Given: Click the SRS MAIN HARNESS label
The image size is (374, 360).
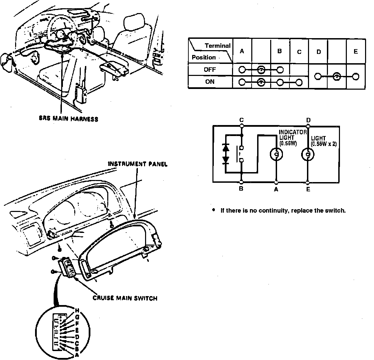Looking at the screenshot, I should pyautogui.click(x=68, y=119).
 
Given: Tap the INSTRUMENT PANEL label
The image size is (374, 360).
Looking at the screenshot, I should pyautogui.click(x=137, y=164).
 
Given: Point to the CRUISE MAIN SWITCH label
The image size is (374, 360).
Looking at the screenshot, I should pyautogui.click(x=125, y=298).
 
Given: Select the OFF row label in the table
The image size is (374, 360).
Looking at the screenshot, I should pyautogui.click(x=210, y=69).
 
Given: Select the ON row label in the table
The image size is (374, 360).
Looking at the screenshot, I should pyautogui.click(x=210, y=82).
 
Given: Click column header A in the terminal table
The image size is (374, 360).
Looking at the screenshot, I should pyautogui.click(x=242, y=51).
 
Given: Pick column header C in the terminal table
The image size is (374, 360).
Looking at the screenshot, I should pyautogui.click(x=299, y=52).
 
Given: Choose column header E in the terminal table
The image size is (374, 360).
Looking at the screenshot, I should pyautogui.click(x=355, y=51).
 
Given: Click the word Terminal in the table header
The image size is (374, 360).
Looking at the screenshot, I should pyautogui.click(x=217, y=46).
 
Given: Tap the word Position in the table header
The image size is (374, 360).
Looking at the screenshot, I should pyautogui.click(x=203, y=57).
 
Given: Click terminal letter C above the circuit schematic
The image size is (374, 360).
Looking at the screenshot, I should pyautogui.click(x=242, y=120).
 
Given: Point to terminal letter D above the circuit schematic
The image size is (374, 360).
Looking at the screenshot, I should pyautogui.click(x=308, y=120).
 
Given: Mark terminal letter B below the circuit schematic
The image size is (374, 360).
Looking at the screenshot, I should pyautogui.click(x=241, y=189).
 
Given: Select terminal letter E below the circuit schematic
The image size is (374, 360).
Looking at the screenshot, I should pyautogui.click(x=308, y=189).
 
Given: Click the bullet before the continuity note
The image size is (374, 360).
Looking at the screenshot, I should pyautogui.click(x=214, y=210).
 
